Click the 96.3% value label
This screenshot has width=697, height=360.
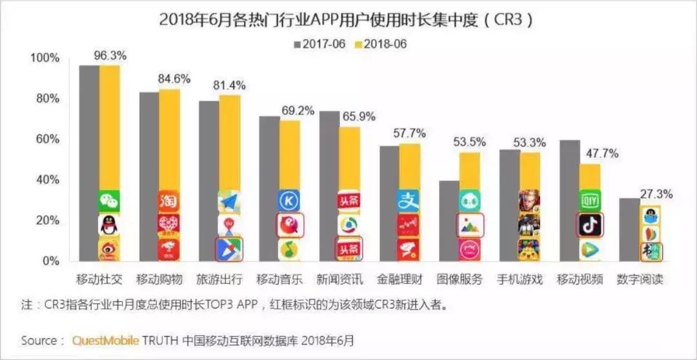[x=109, y=56]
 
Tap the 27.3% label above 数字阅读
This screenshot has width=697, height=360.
[x=656, y=194]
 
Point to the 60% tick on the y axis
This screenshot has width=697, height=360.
[x=45, y=139]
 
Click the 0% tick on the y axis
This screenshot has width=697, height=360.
[x=49, y=261]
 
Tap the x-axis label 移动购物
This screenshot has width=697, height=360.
[x=159, y=279]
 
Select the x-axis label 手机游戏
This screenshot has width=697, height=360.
[x=520, y=279]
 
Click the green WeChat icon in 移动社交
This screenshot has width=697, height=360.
[x=109, y=201]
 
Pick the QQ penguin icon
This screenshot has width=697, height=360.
[x=109, y=225]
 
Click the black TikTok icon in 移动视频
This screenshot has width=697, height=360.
[x=589, y=225]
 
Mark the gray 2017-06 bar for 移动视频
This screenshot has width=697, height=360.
[x=569, y=200]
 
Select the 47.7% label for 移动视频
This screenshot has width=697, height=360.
[x=601, y=154]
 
